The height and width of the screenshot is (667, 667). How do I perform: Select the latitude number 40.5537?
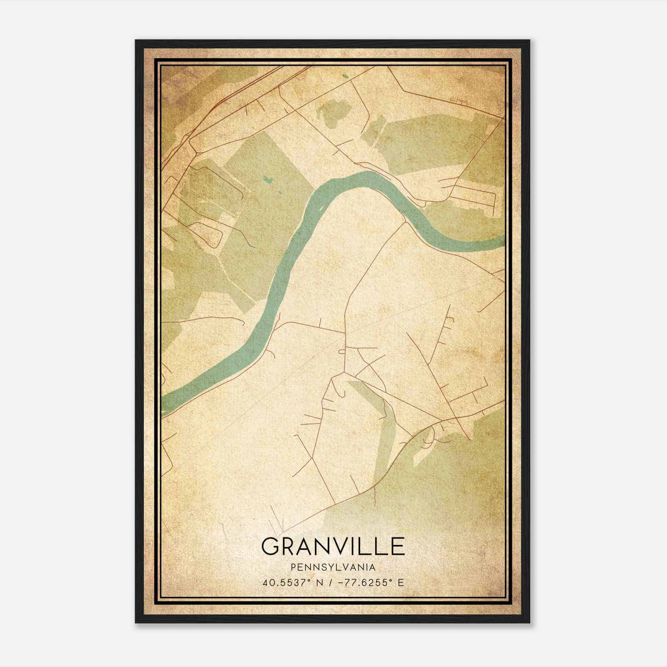pyautogui.click(x=282, y=582)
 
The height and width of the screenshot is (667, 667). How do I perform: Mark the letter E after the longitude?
pyautogui.click(x=401, y=582)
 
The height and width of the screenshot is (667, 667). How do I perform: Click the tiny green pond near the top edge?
pyautogui.click(x=345, y=76)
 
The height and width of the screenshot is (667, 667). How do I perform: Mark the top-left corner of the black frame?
pyautogui.click(x=136, y=40)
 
